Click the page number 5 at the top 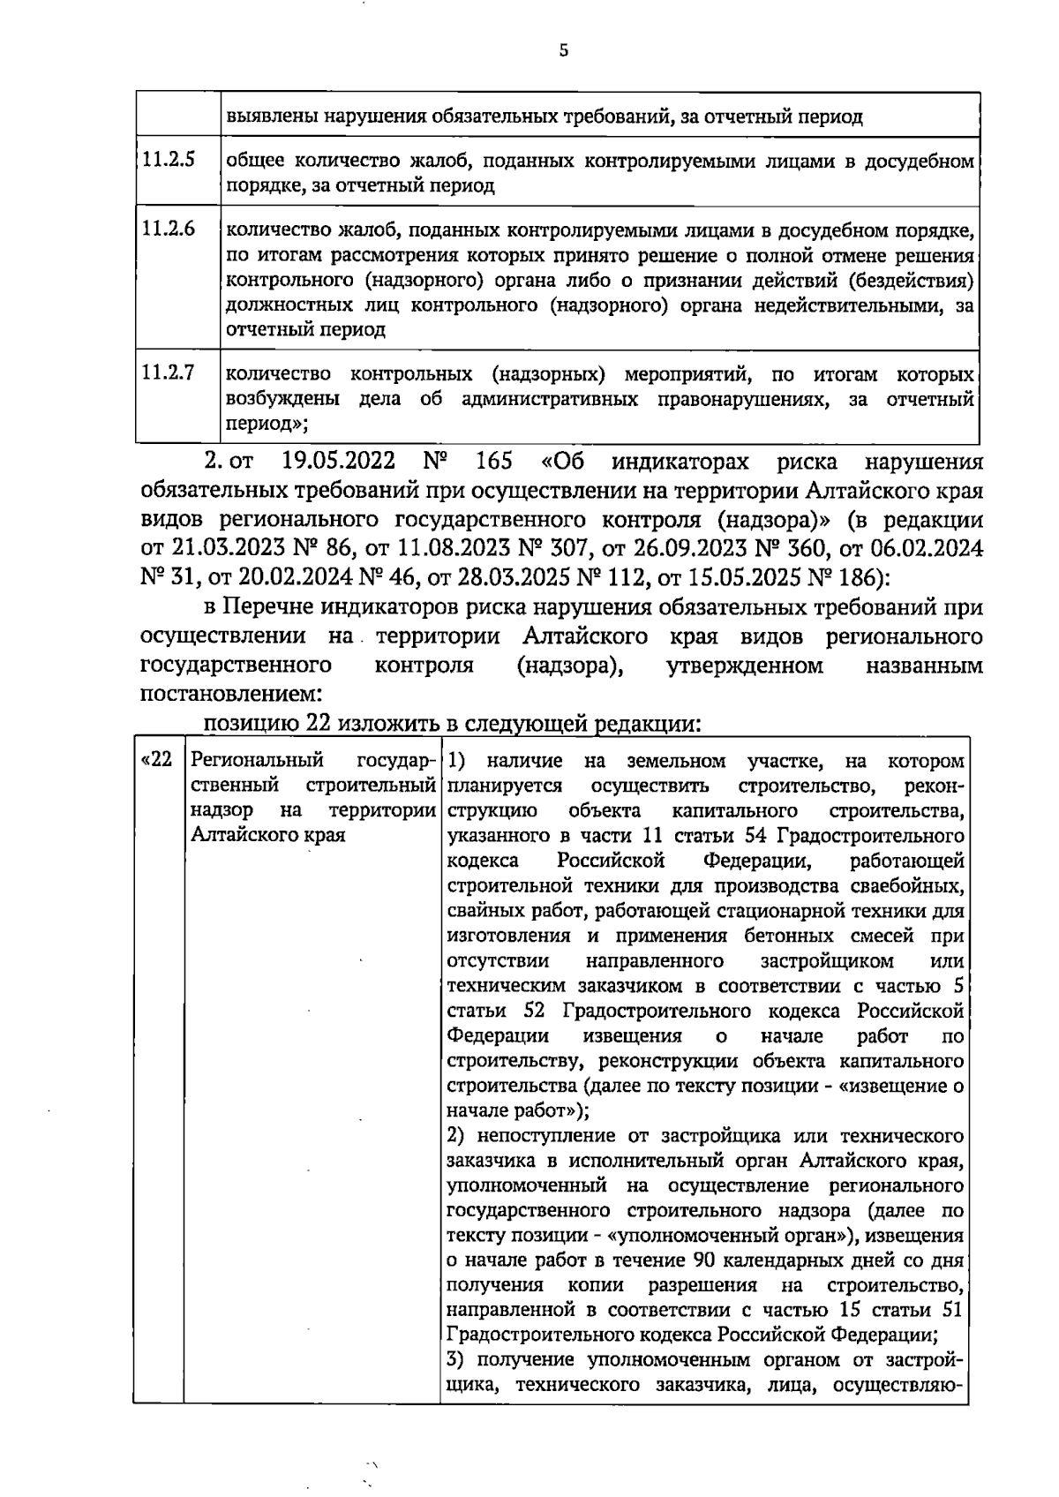pyautogui.click(x=563, y=50)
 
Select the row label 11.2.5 pyautogui.click(x=168, y=161)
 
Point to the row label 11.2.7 pyautogui.click(x=168, y=372)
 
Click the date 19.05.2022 pyautogui.click(x=336, y=462)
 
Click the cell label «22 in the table pyautogui.click(x=157, y=760)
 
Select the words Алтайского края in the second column pyautogui.click(x=268, y=834)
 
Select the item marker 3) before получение pyautogui.click(x=458, y=1358)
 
